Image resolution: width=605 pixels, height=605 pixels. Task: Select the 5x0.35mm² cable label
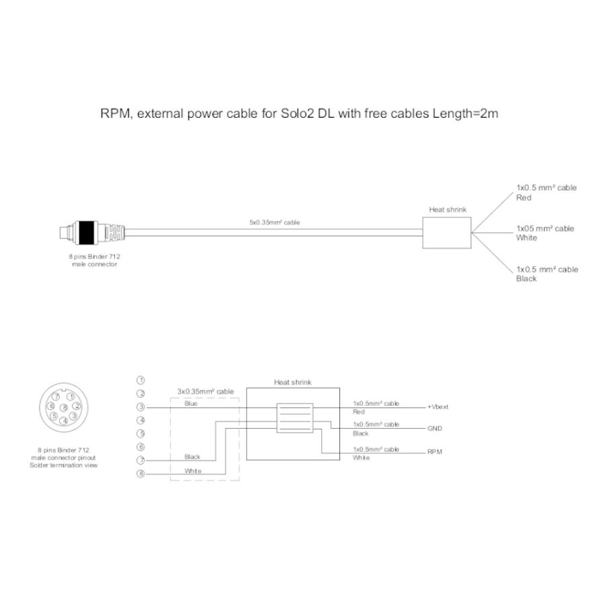274,223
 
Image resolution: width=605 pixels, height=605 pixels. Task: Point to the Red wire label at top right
524,198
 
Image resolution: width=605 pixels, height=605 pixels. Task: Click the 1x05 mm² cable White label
545,233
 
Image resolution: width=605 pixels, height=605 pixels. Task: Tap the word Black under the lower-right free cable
526,278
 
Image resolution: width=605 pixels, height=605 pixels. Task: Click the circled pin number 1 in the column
141,380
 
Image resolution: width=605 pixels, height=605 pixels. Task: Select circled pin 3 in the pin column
141,407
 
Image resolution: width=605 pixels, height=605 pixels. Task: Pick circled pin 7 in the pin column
141,460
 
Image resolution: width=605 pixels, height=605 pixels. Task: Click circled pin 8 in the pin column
141,474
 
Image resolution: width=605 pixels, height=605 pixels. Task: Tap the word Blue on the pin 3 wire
191,403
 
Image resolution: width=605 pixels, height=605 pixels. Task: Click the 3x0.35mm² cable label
205,391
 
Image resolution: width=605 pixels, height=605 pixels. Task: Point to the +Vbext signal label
438,407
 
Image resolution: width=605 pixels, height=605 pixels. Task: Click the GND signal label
434,428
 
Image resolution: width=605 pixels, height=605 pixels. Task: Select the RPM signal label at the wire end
434,452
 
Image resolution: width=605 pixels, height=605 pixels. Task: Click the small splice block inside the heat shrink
295,418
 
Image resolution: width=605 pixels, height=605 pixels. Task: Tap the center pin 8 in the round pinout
64,407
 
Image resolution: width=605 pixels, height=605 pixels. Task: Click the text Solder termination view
64,465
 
